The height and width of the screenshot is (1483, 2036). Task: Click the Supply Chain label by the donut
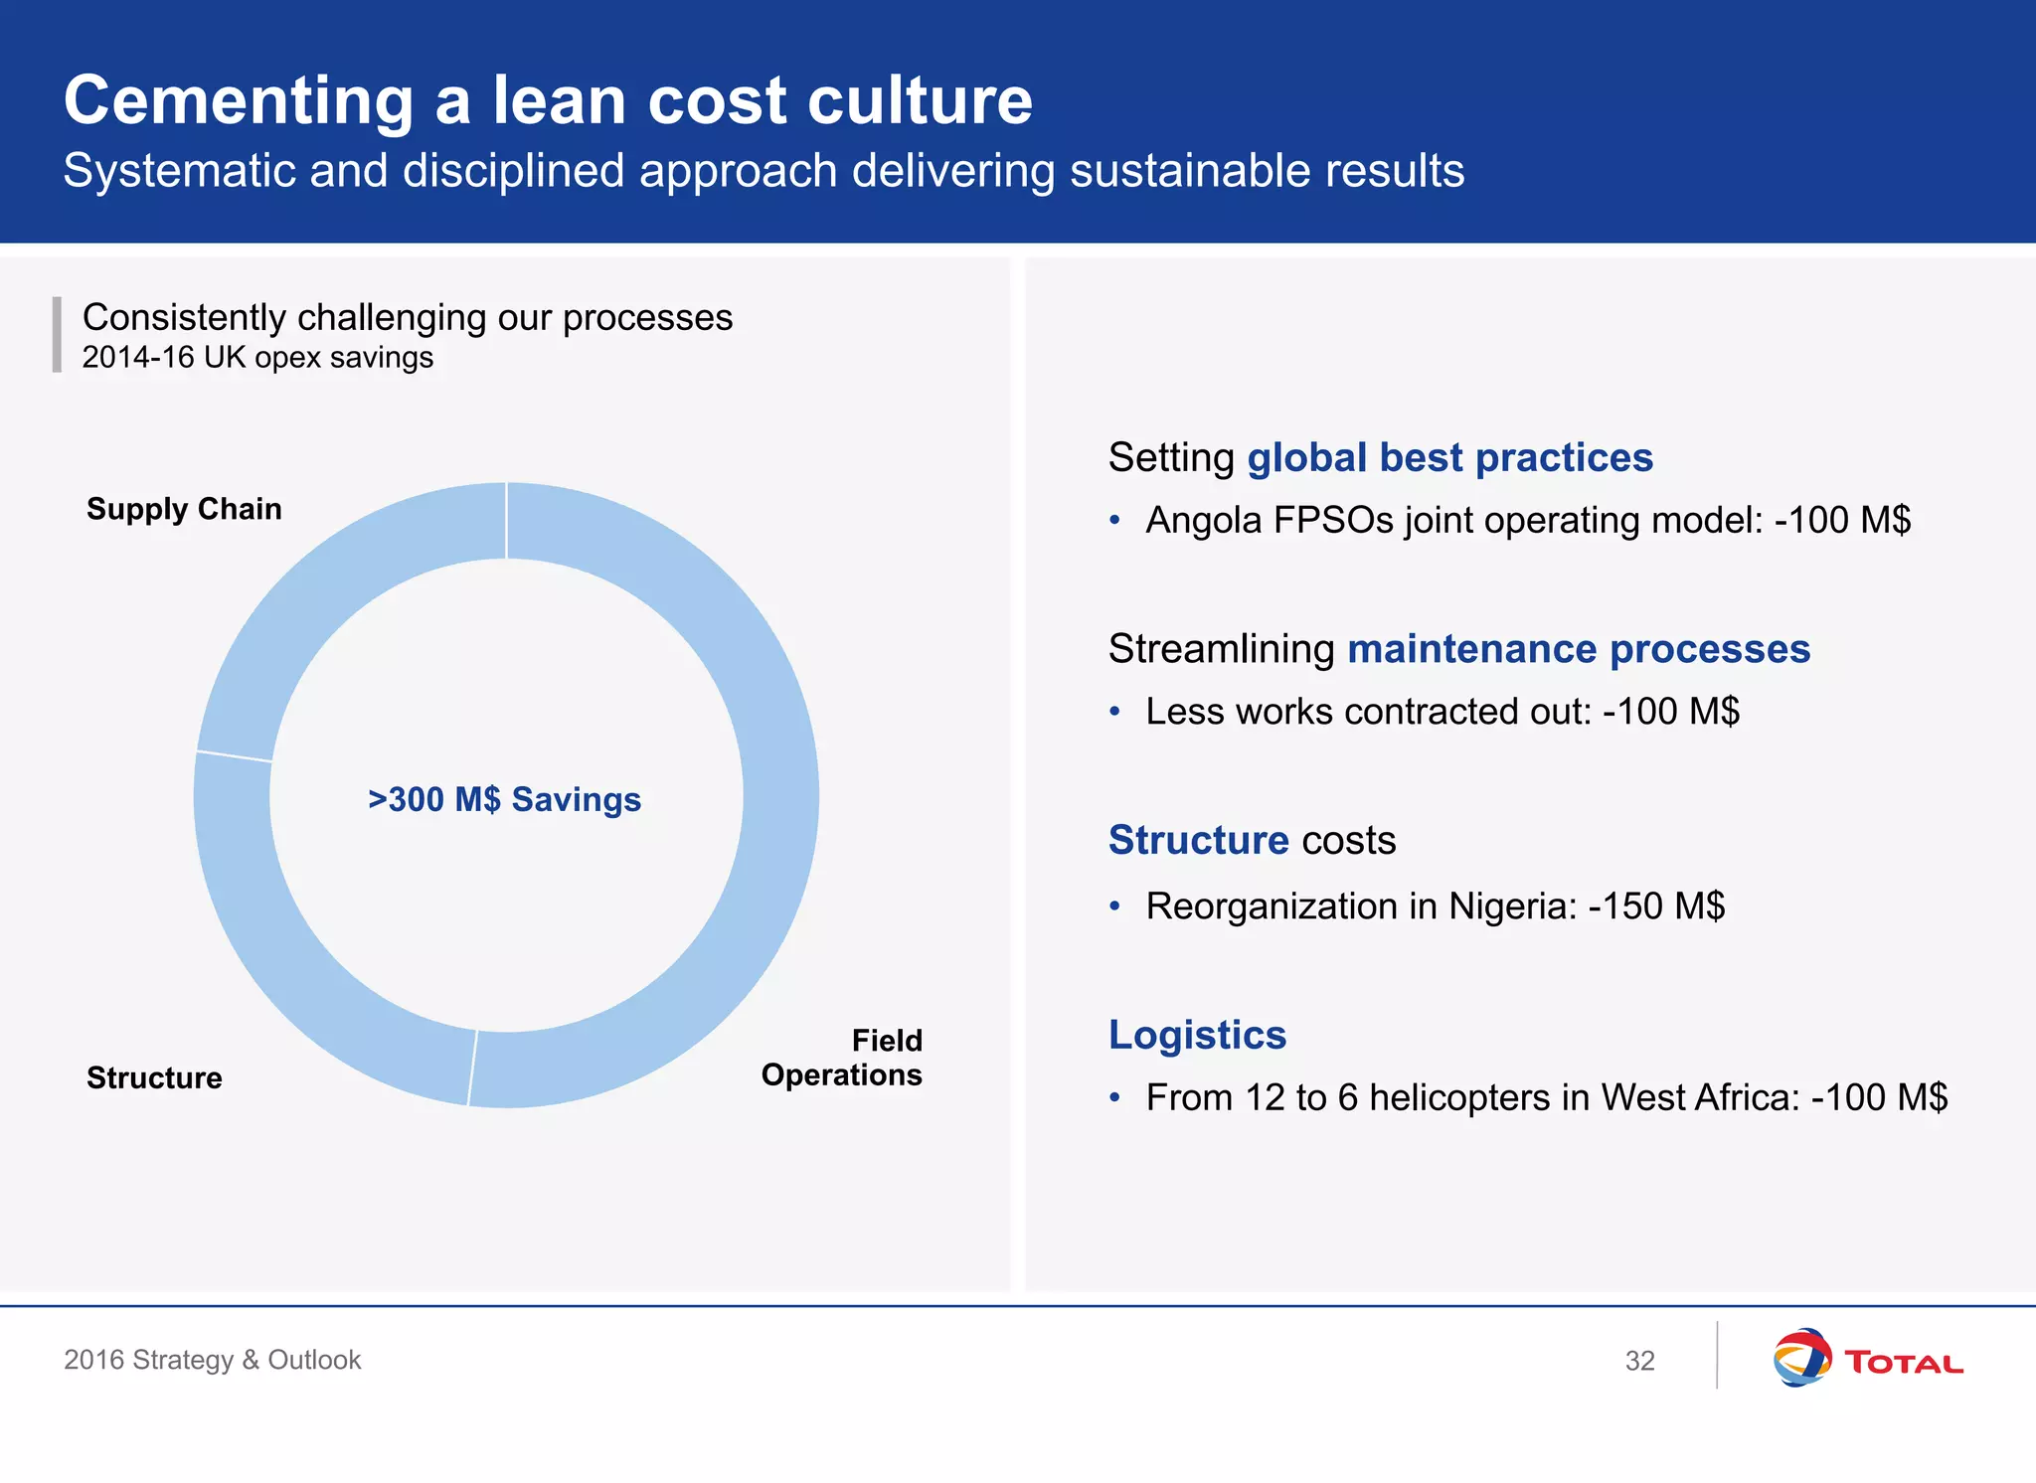click(184, 509)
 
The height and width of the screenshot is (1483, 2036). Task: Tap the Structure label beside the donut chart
click(154, 1077)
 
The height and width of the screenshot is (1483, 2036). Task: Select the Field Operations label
click(842, 1058)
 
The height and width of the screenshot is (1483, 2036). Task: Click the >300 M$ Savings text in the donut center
click(504, 799)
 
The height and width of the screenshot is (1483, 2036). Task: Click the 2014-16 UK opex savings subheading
click(257, 357)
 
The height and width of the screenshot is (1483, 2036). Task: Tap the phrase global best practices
click(1449, 457)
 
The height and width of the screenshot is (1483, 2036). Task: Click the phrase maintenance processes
click(1579, 649)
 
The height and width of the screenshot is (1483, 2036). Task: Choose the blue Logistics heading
click(1197, 1035)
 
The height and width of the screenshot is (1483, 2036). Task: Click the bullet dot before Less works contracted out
click(1114, 712)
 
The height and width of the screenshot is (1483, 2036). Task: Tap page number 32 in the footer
click(1639, 1361)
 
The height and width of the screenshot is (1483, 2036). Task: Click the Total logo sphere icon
click(1801, 1358)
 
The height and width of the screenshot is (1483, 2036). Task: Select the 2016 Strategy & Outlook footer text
click(212, 1360)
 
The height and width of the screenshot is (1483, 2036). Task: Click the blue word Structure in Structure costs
click(1198, 840)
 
